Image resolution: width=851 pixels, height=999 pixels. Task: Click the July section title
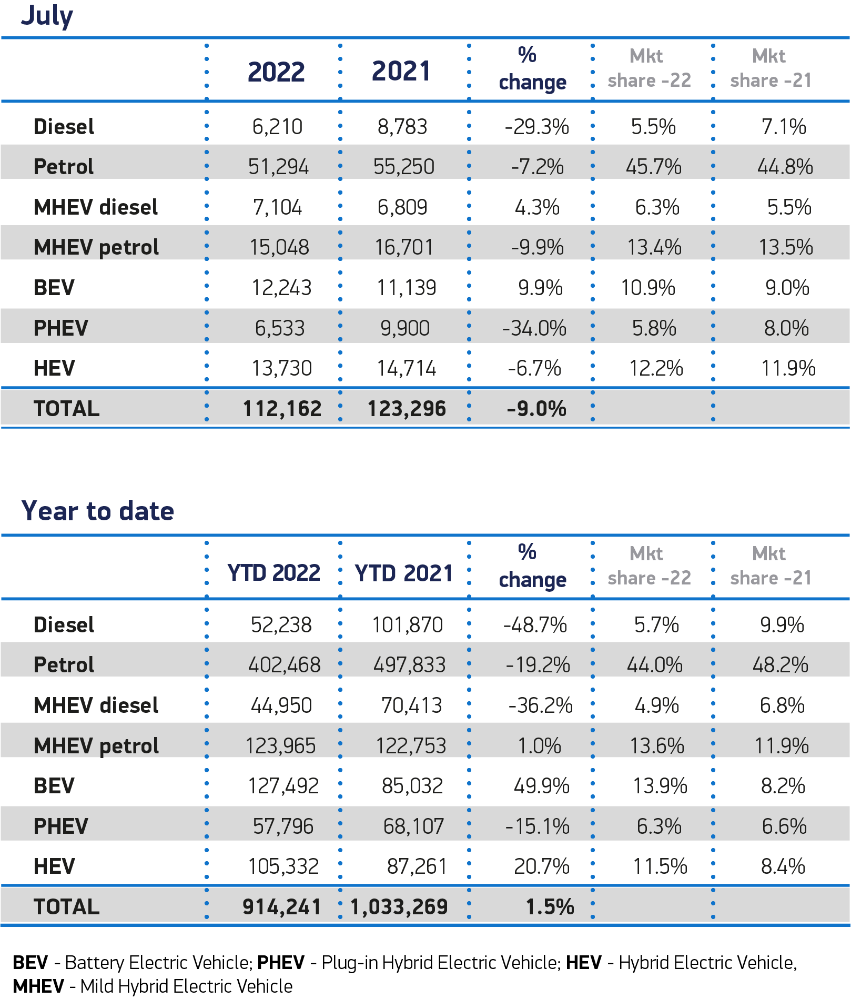coord(47,16)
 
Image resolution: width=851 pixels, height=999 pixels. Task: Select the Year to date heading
coord(98,511)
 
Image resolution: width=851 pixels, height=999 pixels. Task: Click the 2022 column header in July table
coord(276,72)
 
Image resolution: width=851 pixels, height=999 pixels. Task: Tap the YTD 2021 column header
coord(403,573)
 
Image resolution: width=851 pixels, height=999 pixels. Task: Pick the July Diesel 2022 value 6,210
coord(277,127)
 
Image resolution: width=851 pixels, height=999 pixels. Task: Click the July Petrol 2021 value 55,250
coord(403,167)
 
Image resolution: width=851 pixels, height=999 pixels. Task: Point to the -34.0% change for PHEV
coord(534,328)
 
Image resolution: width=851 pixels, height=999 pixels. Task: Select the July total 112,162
coord(282,409)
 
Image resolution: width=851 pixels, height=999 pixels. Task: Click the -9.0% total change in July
coord(536,409)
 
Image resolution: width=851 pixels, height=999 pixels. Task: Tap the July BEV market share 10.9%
coord(648,288)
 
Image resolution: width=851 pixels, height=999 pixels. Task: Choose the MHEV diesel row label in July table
coord(96,207)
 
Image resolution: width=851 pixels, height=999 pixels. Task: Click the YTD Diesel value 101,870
coord(407,625)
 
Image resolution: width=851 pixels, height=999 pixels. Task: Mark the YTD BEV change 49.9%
coord(541,786)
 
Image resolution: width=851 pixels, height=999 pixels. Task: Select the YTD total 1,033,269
coord(399,906)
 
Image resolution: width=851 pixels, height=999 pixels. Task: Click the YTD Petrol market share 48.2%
coord(780,665)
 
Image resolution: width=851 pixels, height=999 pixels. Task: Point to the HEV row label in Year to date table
coord(54,866)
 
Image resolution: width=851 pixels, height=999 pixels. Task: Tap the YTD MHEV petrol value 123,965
coord(280,746)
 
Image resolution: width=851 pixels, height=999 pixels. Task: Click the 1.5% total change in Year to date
coord(550,906)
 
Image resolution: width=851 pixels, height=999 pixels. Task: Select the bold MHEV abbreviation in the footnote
coord(38,986)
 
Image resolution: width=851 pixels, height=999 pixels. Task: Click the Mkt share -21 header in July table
coord(771,68)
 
